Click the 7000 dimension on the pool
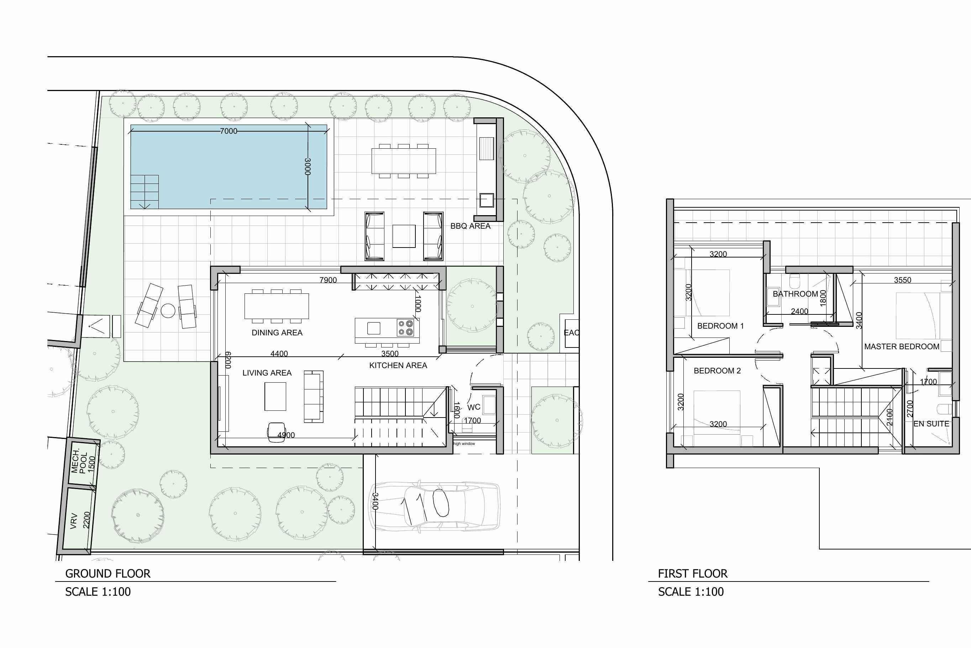pyautogui.click(x=229, y=131)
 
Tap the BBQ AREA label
pyautogui.click(x=470, y=226)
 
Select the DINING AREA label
pyautogui.click(x=277, y=333)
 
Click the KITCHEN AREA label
pyautogui.click(x=398, y=365)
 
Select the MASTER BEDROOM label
pyautogui.click(x=902, y=346)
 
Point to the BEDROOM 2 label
pyautogui.click(x=717, y=371)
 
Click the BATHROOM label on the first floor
pyautogui.click(x=795, y=294)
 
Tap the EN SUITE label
pyautogui.click(x=931, y=424)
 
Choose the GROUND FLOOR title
pyautogui.click(x=108, y=574)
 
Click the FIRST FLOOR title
pyautogui.click(x=693, y=574)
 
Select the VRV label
pyautogui.click(x=74, y=521)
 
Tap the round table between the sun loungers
pyautogui.click(x=168, y=311)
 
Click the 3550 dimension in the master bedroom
pyautogui.click(x=902, y=280)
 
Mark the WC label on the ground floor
pyautogui.click(x=474, y=407)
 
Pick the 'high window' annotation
pyautogui.click(x=464, y=444)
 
